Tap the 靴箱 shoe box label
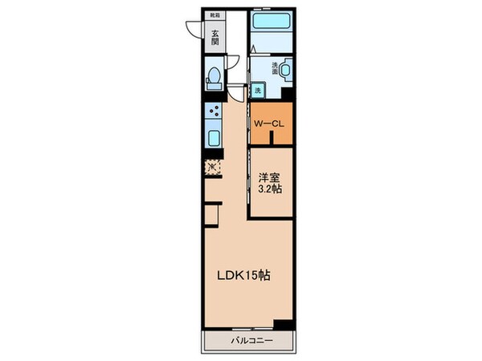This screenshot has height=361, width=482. pyautogui.click(x=214, y=15)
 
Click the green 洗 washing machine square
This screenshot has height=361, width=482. pyautogui.click(x=257, y=91)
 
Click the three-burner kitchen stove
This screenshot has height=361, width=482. pyautogui.click(x=214, y=112)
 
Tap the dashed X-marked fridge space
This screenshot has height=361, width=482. pyautogui.click(x=213, y=168)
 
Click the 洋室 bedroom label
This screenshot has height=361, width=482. pyautogui.click(x=268, y=178)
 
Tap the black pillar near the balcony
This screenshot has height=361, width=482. pyautogui.click(x=281, y=323)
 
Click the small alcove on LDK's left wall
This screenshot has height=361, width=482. pyautogui.click(x=211, y=215)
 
